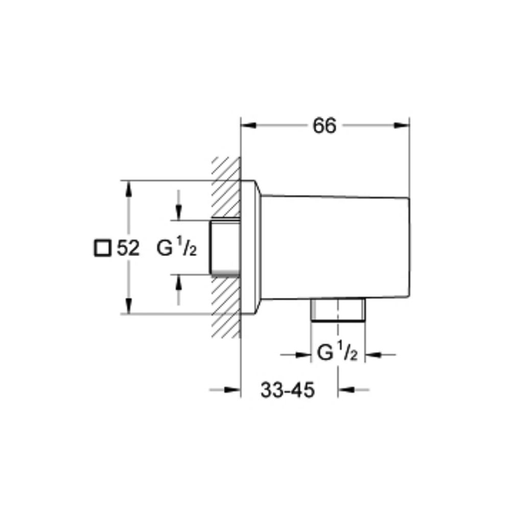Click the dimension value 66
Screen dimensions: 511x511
point(324,126)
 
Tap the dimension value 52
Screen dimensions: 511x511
point(128,248)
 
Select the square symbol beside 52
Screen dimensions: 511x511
point(102,248)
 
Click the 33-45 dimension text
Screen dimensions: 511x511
point(288,390)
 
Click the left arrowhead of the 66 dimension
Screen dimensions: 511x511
point(248,126)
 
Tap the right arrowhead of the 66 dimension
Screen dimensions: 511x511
point(402,126)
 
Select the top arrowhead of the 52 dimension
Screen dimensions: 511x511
point(129,189)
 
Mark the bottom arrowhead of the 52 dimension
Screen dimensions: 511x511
point(129,306)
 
